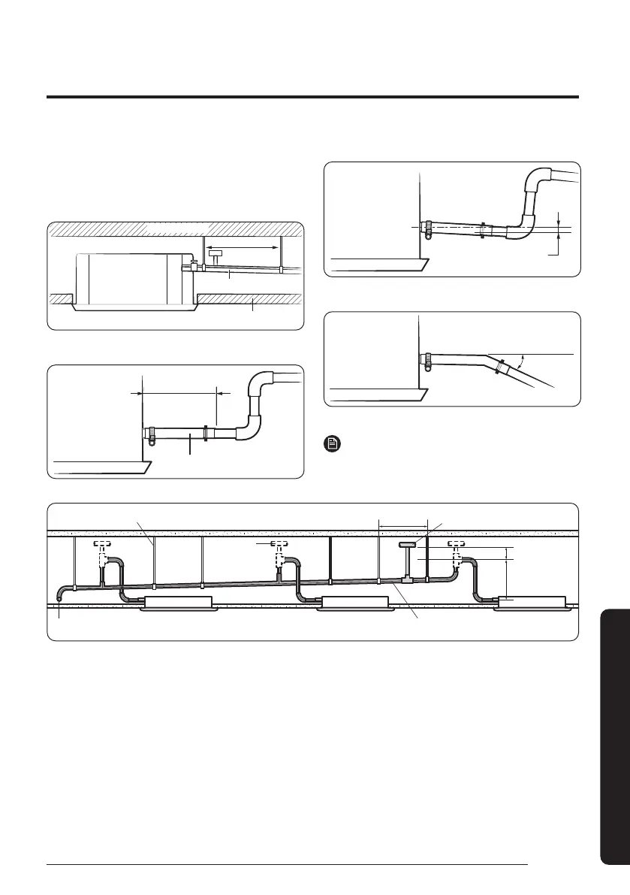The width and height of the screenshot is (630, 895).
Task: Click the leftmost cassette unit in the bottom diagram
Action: coord(175,603)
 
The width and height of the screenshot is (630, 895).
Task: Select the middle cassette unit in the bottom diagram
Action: coord(354,603)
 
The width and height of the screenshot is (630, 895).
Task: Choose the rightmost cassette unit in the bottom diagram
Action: coord(531,603)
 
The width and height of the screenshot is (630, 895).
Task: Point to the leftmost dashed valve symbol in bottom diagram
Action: coord(103,543)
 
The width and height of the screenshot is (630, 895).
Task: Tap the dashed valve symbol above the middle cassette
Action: coord(279,543)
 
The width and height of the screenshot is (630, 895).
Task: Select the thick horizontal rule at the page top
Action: coord(312,97)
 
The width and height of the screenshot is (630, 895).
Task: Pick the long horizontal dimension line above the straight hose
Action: coord(179,392)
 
